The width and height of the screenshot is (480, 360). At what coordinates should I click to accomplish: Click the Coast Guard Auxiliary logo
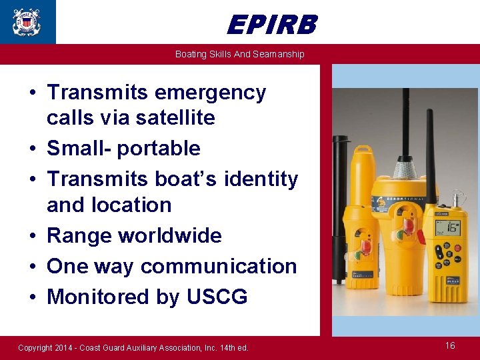(x=27, y=21)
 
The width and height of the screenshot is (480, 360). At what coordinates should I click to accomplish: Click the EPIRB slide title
(x=271, y=25)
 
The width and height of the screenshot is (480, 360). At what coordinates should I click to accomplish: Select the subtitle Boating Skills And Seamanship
(x=239, y=54)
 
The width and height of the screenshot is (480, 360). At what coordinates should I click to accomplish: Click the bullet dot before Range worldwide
(x=33, y=236)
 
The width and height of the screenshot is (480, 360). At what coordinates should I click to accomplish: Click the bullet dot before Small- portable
(x=33, y=149)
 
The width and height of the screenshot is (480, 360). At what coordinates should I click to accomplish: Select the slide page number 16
(x=450, y=345)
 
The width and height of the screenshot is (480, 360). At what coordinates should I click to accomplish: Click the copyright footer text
(x=133, y=347)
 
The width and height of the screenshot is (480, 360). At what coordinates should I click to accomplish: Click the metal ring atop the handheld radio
(x=458, y=199)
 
